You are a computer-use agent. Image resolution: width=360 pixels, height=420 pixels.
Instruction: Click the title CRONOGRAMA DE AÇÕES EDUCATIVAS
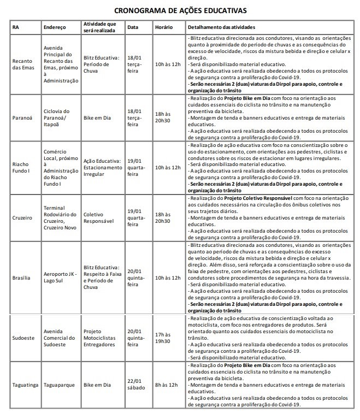[180, 10]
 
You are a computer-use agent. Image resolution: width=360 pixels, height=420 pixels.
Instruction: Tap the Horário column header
[164, 27]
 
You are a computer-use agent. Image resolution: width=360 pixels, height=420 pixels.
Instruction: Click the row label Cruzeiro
[22, 217]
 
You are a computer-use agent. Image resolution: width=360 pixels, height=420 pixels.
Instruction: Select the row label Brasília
[21, 278]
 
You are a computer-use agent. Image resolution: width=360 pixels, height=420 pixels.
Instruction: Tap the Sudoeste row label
[22, 338]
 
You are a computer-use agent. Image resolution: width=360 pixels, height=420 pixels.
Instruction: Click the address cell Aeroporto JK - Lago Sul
[58, 278]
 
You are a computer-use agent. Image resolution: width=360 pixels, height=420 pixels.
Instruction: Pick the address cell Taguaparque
[58, 384]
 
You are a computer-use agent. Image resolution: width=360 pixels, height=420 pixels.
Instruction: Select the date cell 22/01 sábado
[136, 384]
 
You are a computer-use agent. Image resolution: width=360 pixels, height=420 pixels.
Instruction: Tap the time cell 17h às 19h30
[162, 338]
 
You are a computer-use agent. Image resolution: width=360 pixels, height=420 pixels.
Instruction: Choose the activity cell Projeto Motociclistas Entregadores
[101, 338]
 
